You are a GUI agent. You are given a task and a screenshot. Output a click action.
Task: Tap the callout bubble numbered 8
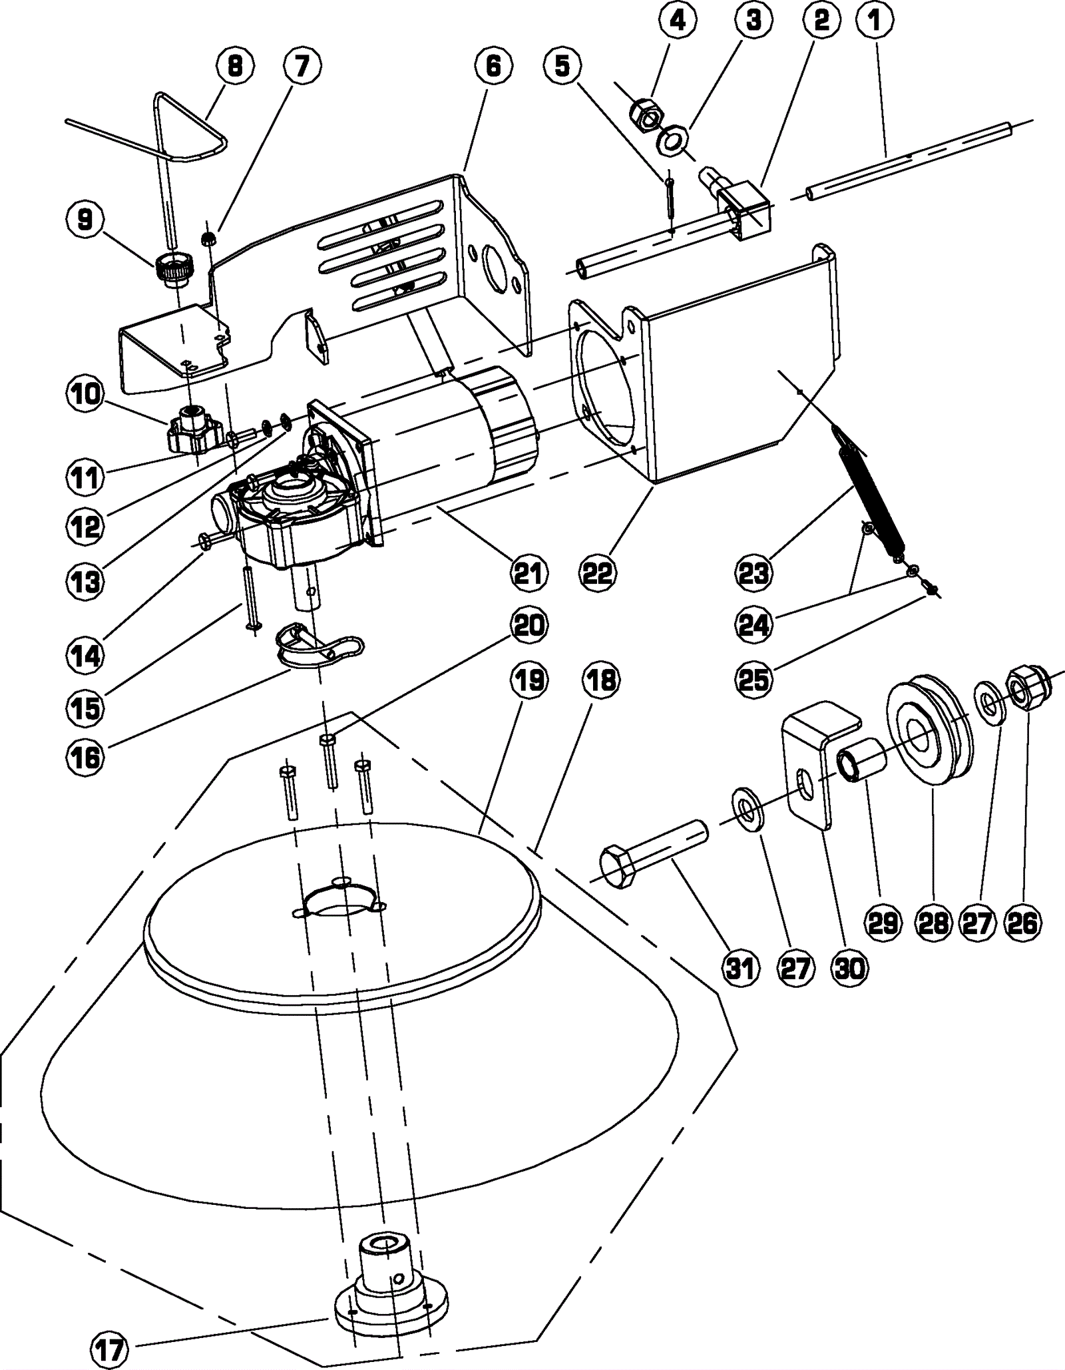click(x=235, y=66)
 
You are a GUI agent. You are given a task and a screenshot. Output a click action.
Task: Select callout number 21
click(x=529, y=572)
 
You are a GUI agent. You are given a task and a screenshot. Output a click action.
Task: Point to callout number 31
click(x=741, y=969)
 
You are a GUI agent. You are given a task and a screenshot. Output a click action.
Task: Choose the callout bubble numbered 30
click(x=850, y=969)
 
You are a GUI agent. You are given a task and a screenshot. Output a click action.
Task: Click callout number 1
click(x=875, y=21)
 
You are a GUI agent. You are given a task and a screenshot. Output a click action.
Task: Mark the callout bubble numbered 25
click(x=754, y=680)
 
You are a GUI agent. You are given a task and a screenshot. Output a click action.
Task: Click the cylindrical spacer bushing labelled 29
click(x=862, y=760)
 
